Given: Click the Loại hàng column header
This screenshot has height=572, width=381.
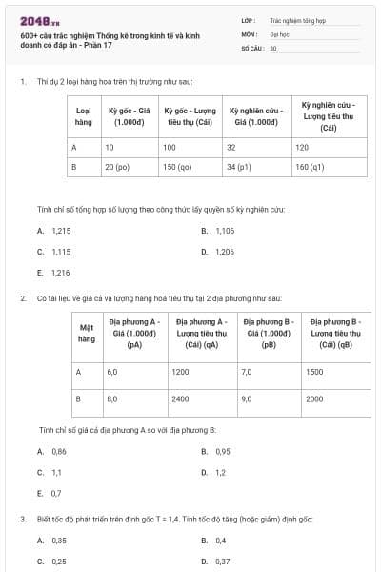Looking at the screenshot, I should (x=83, y=116).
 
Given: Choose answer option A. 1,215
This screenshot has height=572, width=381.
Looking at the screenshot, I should (x=54, y=231).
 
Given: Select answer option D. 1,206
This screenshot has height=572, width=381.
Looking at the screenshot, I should (x=218, y=252).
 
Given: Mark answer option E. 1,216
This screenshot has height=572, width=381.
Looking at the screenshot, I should (x=54, y=273).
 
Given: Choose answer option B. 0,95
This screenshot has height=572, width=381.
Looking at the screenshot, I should (x=216, y=451).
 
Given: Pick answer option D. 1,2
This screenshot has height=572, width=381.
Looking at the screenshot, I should (x=214, y=472).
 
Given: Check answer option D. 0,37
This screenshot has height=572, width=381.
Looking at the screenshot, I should (x=216, y=562).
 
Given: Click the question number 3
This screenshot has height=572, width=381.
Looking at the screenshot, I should (x=22, y=519).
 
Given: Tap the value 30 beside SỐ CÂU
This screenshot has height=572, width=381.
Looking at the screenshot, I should (x=273, y=47).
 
